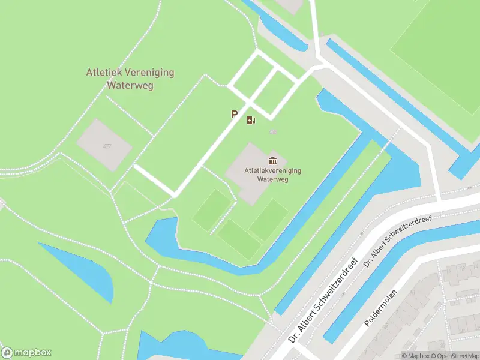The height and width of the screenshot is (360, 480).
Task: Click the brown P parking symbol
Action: (x=235, y=114)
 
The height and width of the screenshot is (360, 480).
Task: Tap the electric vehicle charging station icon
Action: (x=251, y=120)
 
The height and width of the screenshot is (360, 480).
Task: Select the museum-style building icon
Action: (x=273, y=160)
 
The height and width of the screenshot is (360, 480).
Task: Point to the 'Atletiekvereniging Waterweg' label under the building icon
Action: (x=273, y=175)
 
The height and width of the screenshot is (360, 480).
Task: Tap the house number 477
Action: (x=107, y=146)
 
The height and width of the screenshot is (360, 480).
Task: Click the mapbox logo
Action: (x=26, y=353)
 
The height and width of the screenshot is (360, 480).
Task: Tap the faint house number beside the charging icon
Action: (x=274, y=131)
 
